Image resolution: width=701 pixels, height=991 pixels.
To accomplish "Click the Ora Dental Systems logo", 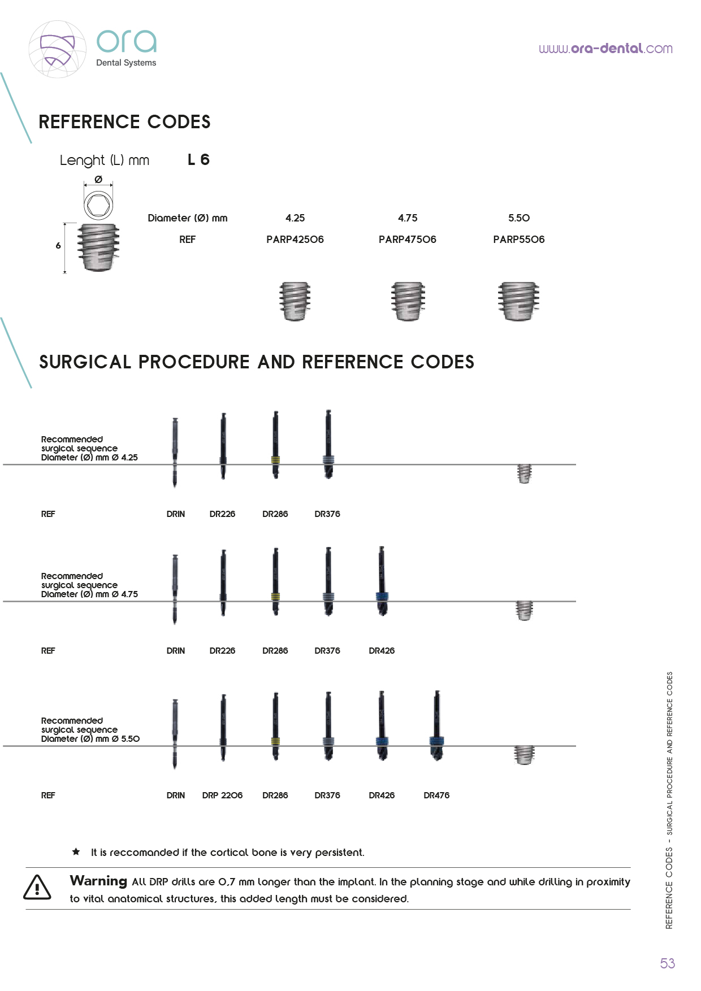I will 93,49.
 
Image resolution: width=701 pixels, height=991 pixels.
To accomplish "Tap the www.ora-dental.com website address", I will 605,49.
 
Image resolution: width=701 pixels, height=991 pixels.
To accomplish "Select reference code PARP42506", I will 295,240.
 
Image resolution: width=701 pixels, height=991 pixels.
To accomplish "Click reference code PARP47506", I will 408,240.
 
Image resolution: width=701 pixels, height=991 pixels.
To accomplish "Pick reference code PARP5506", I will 519,240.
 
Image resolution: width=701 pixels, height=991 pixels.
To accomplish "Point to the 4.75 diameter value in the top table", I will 408,218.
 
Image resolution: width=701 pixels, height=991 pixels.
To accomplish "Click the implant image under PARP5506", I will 518,301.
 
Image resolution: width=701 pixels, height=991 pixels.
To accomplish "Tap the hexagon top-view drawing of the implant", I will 98,205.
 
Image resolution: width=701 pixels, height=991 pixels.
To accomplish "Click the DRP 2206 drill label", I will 222,796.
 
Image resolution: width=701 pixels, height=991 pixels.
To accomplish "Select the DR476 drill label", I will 436,796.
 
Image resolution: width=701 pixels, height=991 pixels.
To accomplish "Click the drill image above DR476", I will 436,726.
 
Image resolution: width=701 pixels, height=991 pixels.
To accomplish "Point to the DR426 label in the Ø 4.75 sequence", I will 382,651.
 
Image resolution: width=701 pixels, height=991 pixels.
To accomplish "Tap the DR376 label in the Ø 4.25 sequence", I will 327,514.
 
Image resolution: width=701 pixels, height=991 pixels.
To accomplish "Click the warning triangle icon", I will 37,887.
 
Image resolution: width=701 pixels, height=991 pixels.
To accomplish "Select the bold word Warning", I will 98,881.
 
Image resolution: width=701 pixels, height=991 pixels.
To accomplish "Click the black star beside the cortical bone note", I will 76,851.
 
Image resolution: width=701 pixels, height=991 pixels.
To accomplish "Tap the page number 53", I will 667,963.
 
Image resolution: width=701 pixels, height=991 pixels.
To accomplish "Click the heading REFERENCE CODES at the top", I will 124,122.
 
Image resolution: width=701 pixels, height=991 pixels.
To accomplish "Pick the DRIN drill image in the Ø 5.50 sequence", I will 175,734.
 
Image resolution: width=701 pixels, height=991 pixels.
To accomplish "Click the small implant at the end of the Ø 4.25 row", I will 525,473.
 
